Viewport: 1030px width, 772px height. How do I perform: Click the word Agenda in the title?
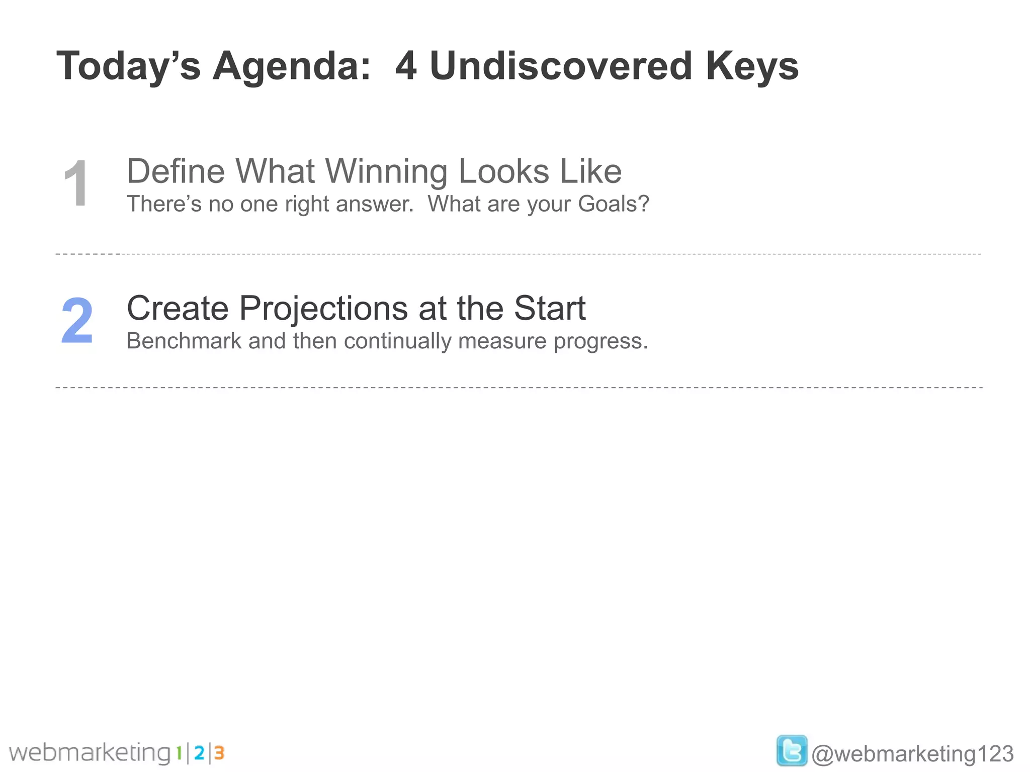coord(291,67)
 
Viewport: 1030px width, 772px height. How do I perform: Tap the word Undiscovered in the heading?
coord(561,66)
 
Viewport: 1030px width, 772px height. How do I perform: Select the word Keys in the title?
coord(751,67)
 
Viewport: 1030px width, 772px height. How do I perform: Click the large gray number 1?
coord(76,183)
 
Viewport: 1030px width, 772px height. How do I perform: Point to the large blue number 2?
coord(77,321)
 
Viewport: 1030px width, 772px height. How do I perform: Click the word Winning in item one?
coord(387,172)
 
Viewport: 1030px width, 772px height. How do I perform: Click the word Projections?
coord(324,308)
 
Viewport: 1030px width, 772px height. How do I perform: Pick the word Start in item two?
coord(549,308)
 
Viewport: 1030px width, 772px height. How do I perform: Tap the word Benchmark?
coord(184,341)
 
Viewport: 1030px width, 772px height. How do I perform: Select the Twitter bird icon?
coord(791,750)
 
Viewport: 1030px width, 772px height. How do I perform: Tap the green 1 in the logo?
coord(179,753)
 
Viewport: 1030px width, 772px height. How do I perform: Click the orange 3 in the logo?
coord(219,753)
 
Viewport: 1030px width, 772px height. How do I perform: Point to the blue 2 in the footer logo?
coord(199,753)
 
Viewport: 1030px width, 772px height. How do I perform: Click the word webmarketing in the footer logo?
coord(90,753)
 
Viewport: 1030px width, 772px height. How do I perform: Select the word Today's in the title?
coord(128,67)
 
